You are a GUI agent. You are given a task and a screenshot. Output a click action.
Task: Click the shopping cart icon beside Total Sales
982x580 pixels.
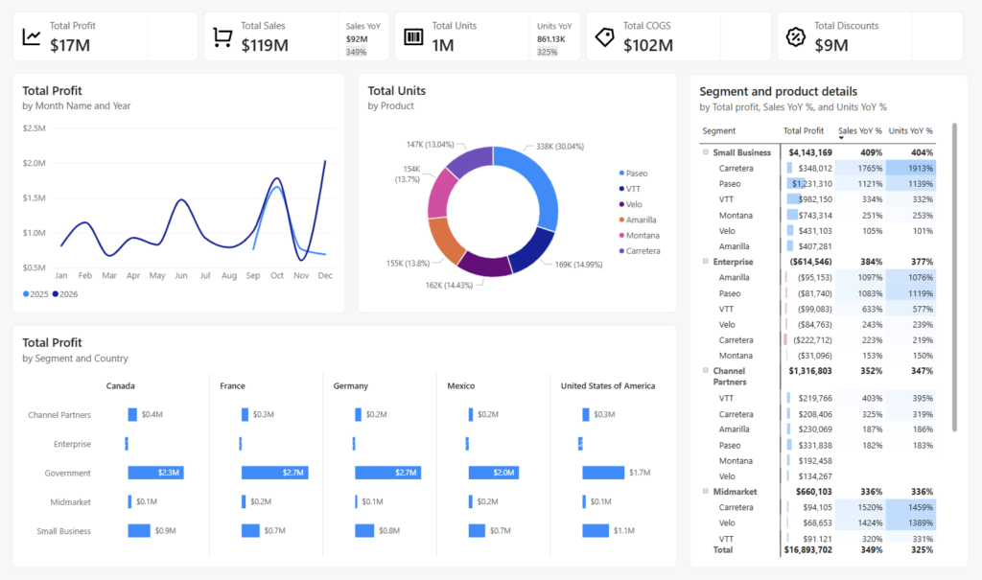(x=222, y=37)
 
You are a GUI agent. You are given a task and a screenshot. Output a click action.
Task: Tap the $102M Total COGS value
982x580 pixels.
(x=648, y=44)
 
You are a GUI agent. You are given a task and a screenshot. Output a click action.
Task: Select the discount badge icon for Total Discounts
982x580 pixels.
(x=795, y=37)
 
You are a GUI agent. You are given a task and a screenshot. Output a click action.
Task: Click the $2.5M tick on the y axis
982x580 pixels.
(x=34, y=128)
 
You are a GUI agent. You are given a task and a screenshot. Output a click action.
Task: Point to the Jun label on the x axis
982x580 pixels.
(x=181, y=275)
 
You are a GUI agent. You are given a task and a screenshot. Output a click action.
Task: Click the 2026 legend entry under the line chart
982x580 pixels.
(x=65, y=294)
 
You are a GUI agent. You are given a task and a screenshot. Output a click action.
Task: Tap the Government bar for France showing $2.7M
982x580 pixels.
(x=274, y=473)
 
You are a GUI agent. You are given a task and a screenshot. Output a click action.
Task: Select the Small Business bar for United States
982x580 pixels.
(x=596, y=531)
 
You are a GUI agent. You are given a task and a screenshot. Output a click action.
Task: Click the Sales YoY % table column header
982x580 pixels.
(x=859, y=130)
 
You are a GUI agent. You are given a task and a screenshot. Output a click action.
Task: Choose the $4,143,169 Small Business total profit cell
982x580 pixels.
(x=810, y=152)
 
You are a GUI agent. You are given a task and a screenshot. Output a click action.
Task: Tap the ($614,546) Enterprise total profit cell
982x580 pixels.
(x=811, y=262)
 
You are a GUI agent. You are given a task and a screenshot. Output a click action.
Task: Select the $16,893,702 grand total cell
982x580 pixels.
(x=807, y=550)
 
